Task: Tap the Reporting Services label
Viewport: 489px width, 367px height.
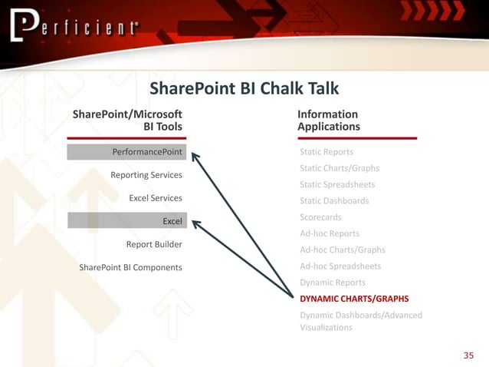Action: (146, 175)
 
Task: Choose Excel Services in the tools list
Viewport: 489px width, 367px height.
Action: (156, 198)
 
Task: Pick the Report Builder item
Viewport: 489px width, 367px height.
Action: (154, 244)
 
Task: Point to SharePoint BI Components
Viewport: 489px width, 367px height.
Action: (130, 267)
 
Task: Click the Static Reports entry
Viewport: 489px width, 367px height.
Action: (327, 152)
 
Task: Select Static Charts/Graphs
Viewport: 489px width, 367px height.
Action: (340, 168)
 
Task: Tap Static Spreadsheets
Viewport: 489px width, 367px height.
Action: (338, 184)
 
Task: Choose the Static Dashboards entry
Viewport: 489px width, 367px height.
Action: (334, 200)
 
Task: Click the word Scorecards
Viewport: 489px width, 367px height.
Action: (321, 217)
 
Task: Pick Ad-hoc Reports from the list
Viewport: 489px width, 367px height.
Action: (330, 233)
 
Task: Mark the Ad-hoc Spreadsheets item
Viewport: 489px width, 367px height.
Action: (340, 266)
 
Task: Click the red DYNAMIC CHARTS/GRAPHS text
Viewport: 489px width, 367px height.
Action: (354, 299)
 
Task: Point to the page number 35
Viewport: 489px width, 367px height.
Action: (469, 355)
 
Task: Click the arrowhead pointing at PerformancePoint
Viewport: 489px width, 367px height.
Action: (195, 155)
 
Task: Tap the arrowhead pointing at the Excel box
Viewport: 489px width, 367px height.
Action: (196, 224)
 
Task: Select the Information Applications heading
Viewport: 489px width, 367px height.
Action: (329, 120)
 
